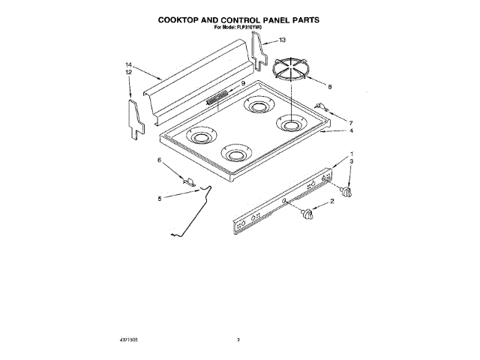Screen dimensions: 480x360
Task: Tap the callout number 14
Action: pyautogui.click(x=129, y=65)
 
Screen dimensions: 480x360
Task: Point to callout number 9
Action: pyautogui.click(x=243, y=83)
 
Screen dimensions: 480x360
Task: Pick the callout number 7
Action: pyautogui.click(x=350, y=122)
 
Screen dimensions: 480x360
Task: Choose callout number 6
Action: pyautogui.click(x=159, y=160)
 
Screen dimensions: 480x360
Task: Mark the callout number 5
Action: pyautogui.click(x=159, y=199)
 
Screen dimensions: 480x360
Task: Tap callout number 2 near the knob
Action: pyautogui.click(x=332, y=202)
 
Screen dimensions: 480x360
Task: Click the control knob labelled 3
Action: pyautogui.click(x=347, y=193)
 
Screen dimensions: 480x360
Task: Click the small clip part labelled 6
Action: pyautogui.click(x=189, y=180)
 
